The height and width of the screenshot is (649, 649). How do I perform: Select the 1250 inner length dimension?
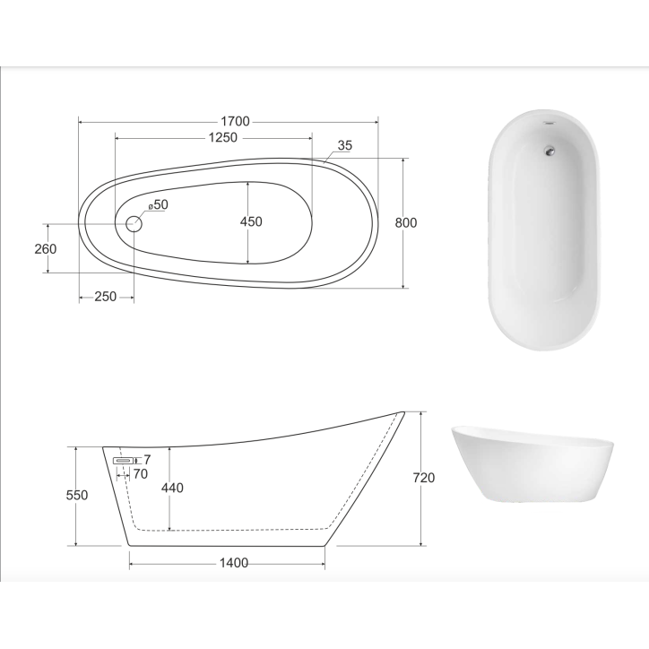pyautogui.click(x=222, y=138)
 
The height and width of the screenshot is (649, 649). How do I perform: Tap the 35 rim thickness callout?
pyautogui.click(x=345, y=145)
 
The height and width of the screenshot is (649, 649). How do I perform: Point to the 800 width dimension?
pyautogui.click(x=405, y=222)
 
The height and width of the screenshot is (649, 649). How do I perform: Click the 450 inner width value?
pyautogui.click(x=252, y=222)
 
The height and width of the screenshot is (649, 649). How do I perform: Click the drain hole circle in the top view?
pyautogui.click(x=134, y=223)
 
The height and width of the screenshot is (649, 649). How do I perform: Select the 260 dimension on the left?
pyautogui.click(x=46, y=248)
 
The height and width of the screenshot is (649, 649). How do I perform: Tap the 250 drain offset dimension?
pyautogui.click(x=105, y=298)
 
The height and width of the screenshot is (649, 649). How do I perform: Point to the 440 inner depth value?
pyautogui.click(x=171, y=489)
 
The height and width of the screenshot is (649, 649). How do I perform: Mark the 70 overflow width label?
pyautogui.click(x=140, y=474)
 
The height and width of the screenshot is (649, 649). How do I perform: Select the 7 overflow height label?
pyautogui.click(x=146, y=460)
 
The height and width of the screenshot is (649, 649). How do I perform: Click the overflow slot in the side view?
pyautogui.click(x=123, y=460)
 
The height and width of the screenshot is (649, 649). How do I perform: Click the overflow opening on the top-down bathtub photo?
pyautogui.click(x=546, y=124)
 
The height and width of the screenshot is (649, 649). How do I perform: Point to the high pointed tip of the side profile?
pyautogui.click(x=401, y=413)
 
